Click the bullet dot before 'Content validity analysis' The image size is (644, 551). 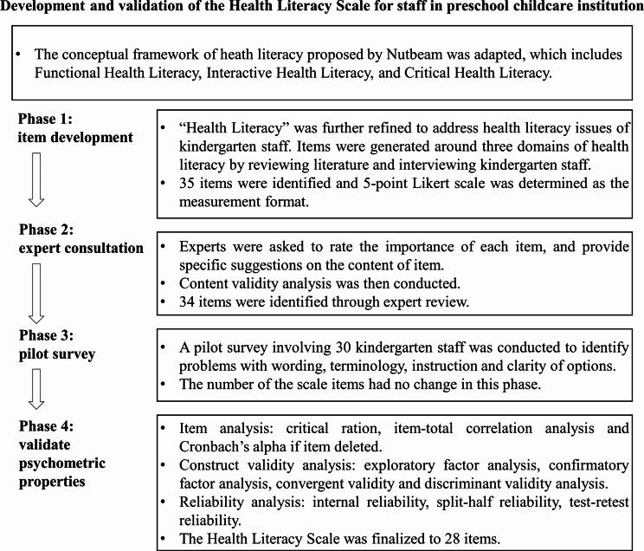pyautogui.click(x=166, y=282)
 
